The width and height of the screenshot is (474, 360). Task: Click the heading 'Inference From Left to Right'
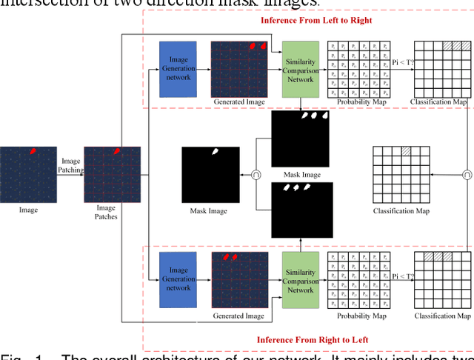(x=316, y=20)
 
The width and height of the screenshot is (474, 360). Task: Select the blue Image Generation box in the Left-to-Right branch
(x=178, y=69)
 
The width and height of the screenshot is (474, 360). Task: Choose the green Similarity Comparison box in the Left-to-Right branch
(x=301, y=69)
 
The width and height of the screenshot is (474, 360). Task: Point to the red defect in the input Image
(x=32, y=151)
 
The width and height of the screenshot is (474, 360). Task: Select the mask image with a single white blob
(x=210, y=175)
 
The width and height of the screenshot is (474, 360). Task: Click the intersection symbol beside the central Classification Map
(x=467, y=176)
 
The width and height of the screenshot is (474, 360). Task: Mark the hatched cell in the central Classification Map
(x=406, y=151)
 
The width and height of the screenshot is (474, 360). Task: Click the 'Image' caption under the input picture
(x=28, y=210)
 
